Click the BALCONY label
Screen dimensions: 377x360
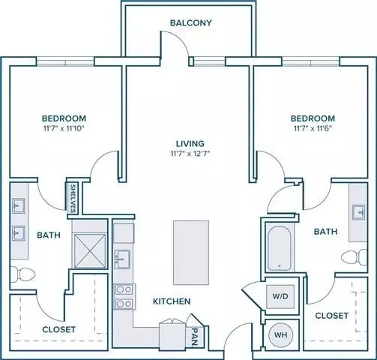point(191,22)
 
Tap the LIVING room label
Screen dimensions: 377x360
point(190,143)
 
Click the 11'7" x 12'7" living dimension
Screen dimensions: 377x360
point(190,153)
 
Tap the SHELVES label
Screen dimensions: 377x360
point(73,199)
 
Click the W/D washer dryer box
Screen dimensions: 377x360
point(280,296)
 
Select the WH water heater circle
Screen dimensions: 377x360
point(280,335)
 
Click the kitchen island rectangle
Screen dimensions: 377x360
point(191,253)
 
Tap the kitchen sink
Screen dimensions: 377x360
point(122,259)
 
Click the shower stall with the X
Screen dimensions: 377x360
point(89,250)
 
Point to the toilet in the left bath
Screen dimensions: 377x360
point(22,274)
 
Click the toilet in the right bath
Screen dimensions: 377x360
point(355,257)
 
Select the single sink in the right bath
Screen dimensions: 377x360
point(358,212)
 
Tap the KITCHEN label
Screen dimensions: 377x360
point(172,301)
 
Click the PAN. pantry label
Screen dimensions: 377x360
point(195,337)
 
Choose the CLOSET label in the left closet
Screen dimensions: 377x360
point(59,329)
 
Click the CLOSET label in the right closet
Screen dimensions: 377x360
point(332,316)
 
